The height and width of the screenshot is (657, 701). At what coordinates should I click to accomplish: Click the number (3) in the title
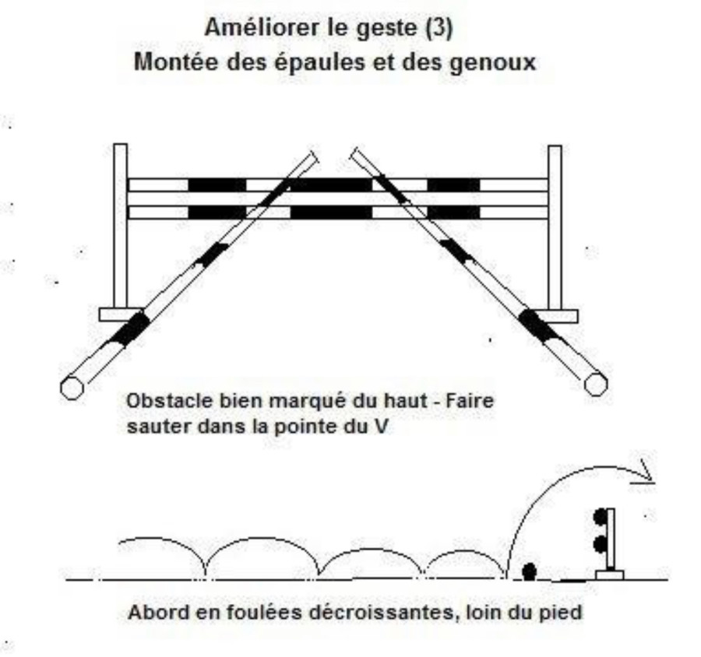(x=439, y=28)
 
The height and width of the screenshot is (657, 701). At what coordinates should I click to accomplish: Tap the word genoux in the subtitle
(x=492, y=63)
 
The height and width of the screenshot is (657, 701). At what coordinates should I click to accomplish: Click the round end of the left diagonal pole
(x=72, y=388)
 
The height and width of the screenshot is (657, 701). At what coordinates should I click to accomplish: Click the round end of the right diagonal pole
(x=596, y=384)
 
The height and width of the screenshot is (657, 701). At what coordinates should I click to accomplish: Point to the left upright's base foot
(x=121, y=314)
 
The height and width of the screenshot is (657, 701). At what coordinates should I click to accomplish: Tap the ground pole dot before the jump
(x=529, y=571)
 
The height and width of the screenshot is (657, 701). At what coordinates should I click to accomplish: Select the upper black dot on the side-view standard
(x=600, y=517)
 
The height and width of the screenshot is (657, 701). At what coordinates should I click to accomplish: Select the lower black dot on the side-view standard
(x=600, y=545)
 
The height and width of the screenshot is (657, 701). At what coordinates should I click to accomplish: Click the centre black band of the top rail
(x=331, y=184)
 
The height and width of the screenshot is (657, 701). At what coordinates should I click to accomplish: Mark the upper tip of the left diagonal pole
(x=314, y=155)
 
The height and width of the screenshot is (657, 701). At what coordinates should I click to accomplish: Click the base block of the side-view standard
(x=609, y=575)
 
